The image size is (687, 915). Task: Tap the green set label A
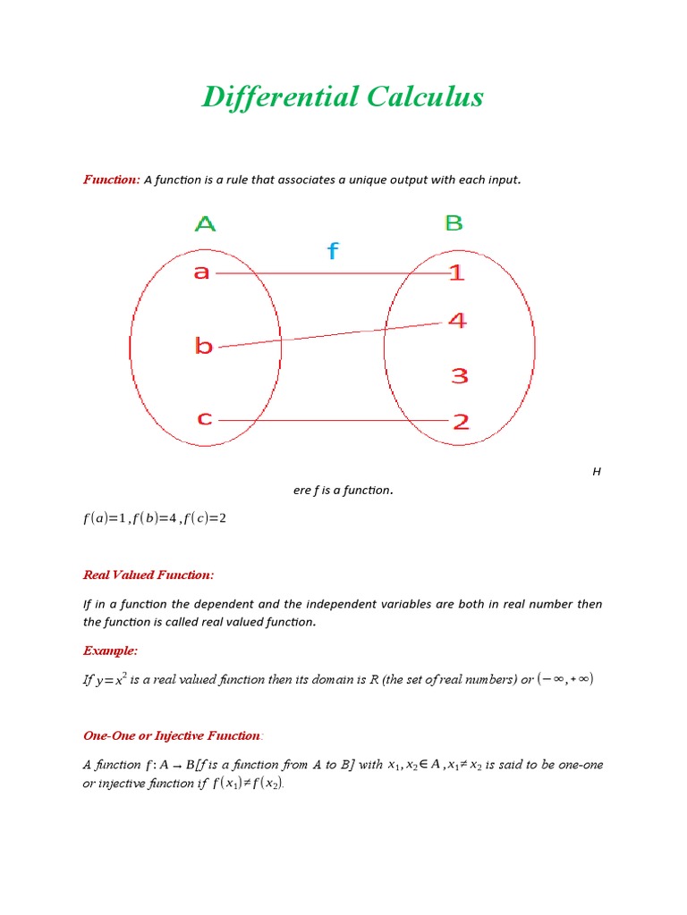click(x=205, y=223)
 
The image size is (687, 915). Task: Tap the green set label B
click(x=454, y=222)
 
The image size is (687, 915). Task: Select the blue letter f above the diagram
click(x=333, y=251)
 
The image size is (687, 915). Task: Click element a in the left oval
click(x=201, y=272)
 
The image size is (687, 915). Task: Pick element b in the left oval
click(x=204, y=346)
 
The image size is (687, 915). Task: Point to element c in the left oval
click(x=205, y=418)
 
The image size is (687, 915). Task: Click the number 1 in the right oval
click(x=457, y=273)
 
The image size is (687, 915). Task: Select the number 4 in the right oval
click(x=457, y=320)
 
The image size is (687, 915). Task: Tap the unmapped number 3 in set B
click(x=459, y=376)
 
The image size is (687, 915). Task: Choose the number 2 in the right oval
click(x=460, y=422)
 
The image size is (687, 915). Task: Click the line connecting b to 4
click(x=331, y=334)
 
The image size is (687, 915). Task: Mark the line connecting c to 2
click(x=331, y=419)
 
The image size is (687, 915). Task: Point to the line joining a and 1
click(x=331, y=273)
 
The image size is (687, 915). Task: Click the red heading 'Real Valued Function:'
click(x=148, y=575)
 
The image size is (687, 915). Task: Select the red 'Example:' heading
click(x=110, y=650)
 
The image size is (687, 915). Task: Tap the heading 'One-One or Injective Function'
click(x=172, y=735)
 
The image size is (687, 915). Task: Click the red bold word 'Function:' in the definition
click(x=112, y=180)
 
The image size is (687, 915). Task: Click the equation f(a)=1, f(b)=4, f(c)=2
click(x=155, y=517)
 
